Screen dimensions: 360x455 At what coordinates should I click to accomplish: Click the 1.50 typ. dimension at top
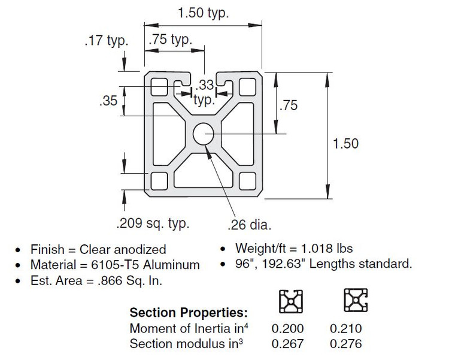point(203,13)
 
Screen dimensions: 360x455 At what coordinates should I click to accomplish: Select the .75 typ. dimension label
point(170,40)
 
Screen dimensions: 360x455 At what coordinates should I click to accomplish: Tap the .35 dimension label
point(108,101)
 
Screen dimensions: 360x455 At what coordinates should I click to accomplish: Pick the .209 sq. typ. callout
point(152,224)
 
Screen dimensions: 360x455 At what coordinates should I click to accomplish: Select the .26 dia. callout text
point(250,225)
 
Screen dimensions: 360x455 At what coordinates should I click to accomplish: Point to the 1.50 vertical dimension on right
point(345,143)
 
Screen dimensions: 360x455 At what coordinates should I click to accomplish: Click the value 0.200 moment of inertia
point(287,328)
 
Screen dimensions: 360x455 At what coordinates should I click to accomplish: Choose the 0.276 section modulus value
point(346,343)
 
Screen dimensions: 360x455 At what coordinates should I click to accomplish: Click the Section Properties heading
point(189,313)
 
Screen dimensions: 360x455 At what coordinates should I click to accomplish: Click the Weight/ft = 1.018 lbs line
point(293,249)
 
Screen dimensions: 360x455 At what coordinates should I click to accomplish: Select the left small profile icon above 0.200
point(292,301)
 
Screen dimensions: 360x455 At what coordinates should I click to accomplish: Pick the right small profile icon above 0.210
point(355,301)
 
